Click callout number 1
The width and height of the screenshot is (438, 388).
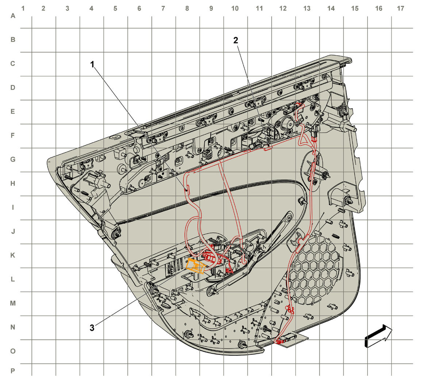tap(92, 65)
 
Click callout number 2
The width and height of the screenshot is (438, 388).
tap(236, 40)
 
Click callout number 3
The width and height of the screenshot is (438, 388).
tap(92, 328)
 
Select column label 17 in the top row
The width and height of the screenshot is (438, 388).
tap(400, 8)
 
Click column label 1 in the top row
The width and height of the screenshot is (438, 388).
tap(23, 8)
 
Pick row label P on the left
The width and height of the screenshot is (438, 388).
tap(13, 371)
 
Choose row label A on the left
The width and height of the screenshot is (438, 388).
tap(13, 16)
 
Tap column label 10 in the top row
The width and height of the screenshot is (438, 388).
tap(235, 8)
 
